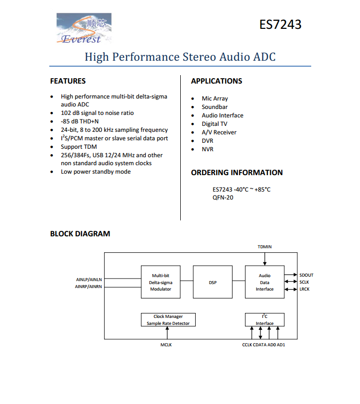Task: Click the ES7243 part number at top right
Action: pos(280,24)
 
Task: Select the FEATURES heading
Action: pos(68,81)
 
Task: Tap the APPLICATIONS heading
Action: pos(217,81)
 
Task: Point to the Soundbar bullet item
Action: pos(215,107)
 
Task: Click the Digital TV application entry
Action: pos(215,124)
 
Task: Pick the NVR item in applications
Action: pos(207,149)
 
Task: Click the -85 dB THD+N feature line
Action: pos(80,121)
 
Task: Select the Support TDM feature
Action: pos(79,147)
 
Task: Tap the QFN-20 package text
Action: pos(223,198)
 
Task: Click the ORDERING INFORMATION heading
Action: pos(237,173)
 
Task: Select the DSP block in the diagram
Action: pos(213,282)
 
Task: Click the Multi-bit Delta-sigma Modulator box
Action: pos(160,282)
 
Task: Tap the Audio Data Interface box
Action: pos(264,282)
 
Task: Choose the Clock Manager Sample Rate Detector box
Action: pos(168,320)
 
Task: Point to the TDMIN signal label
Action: pos(264,247)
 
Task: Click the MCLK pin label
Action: pos(166,345)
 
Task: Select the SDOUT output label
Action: pos(306,275)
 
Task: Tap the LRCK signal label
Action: pos(304,289)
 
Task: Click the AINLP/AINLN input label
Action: pos(89,280)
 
